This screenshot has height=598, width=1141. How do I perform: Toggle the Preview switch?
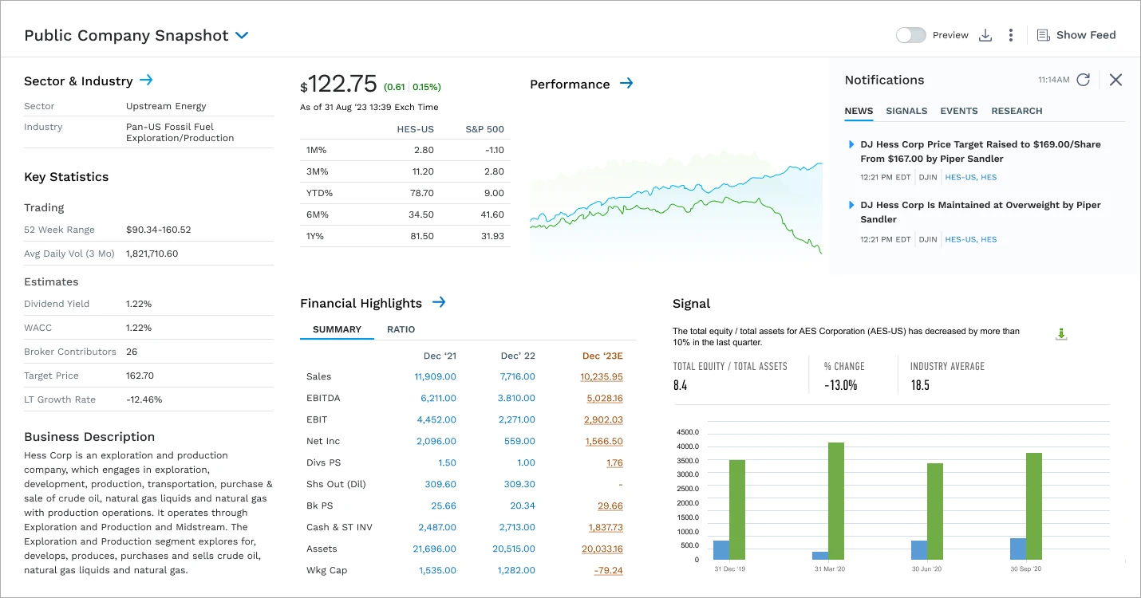click(x=910, y=35)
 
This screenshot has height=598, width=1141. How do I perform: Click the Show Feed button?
click(x=1076, y=35)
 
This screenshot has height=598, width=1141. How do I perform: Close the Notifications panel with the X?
click(x=1115, y=80)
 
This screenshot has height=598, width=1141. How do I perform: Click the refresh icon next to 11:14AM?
click(x=1083, y=80)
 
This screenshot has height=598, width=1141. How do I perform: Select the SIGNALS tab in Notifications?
click(x=906, y=111)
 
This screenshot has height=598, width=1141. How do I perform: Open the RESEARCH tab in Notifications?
click(x=1017, y=111)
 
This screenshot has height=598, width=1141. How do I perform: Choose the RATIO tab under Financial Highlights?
click(x=401, y=329)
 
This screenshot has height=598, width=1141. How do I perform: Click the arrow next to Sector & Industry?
click(x=146, y=81)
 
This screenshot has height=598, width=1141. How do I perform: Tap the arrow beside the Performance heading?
click(x=626, y=84)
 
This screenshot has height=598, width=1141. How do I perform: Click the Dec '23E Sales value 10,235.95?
click(x=602, y=376)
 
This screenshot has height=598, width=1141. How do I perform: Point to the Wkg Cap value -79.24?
click(x=608, y=570)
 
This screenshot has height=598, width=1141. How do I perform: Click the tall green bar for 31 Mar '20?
click(x=835, y=501)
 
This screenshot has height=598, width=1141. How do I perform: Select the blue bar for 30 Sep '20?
click(x=1017, y=549)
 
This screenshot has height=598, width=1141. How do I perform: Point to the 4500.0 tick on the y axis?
click(x=687, y=432)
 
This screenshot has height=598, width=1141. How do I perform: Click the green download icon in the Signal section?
click(x=1060, y=334)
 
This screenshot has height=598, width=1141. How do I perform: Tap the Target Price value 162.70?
click(x=140, y=376)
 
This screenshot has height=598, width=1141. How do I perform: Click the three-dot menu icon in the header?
click(x=1010, y=35)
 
